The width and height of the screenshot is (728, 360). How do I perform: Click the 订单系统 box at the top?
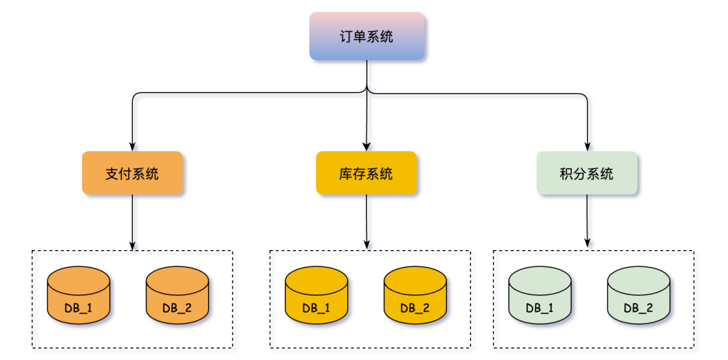367,36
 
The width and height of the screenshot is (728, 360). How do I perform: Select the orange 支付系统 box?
132,173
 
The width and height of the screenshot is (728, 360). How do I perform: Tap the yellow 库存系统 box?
366,173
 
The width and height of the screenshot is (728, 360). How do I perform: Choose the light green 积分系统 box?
586,173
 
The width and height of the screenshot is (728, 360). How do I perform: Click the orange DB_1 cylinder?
78,295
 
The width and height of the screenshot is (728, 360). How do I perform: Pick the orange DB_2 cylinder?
177,295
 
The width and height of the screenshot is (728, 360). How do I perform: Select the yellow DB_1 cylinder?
316,295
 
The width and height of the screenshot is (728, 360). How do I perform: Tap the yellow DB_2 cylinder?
415,295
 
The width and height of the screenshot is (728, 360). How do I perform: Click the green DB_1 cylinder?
539,295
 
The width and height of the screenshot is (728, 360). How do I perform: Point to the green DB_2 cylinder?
638,295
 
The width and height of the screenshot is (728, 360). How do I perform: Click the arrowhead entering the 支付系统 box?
132,146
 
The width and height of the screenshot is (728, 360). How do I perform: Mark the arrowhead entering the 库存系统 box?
366,146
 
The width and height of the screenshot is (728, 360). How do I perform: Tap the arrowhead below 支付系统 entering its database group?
132,245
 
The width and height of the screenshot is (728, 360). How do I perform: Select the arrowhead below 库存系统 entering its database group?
366,245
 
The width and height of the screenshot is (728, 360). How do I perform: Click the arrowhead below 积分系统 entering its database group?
587,245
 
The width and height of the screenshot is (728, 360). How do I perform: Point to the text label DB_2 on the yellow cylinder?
415,308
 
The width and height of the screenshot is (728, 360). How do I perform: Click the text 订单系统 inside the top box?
367,36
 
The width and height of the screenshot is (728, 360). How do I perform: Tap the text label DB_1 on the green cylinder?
539,308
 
